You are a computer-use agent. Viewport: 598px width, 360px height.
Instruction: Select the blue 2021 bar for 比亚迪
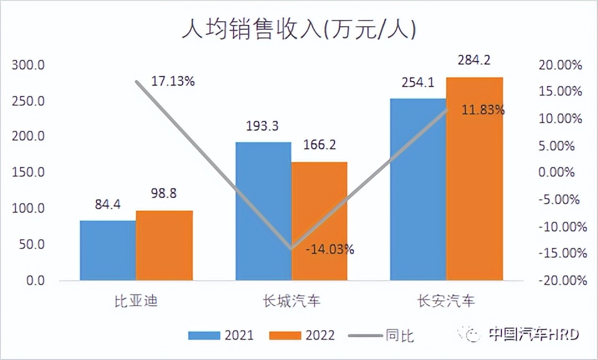pyautogui.click(x=108, y=250)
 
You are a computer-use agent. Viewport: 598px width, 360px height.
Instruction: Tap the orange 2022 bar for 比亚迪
pyautogui.click(x=164, y=245)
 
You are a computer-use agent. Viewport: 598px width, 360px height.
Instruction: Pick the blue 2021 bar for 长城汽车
pyautogui.click(x=263, y=211)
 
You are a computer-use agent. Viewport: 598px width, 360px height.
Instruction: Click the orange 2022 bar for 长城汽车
pyautogui.click(x=320, y=221)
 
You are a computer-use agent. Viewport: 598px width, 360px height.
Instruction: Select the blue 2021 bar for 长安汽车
pyautogui.click(x=418, y=189)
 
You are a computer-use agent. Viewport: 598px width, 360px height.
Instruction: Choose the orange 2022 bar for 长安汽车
pyautogui.click(x=475, y=179)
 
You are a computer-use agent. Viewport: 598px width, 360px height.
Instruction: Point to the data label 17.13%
pyautogui.click(x=173, y=81)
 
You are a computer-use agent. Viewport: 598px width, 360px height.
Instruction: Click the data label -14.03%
pyautogui.click(x=330, y=250)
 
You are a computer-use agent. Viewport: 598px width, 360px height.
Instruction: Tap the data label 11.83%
pyautogui.click(x=483, y=110)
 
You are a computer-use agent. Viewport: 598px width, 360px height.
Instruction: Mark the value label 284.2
pyautogui.click(x=474, y=60)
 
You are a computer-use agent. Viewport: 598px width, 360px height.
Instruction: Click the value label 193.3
pyautogui.click(x=262, y=126)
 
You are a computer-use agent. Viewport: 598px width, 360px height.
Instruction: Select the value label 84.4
pyautogui.click(x=108, y=204)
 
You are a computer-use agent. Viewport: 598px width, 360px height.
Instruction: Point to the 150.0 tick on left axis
pyautogui.click(x=29, y=173)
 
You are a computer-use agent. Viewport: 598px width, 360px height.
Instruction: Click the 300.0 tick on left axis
pyautogui.click(x=29, y=65)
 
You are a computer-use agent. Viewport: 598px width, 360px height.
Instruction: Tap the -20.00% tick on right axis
pyautogui.click(x=558, y=280)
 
